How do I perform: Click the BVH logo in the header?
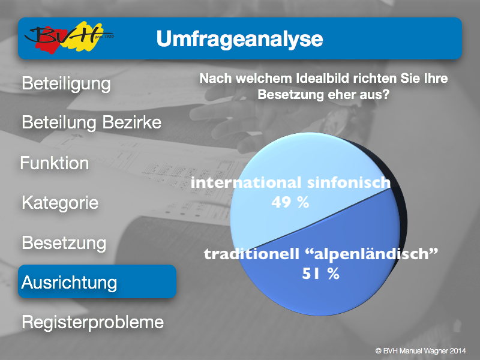(x=69, y=37)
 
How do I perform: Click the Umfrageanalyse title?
(x=239, y=39)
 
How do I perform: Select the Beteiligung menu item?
(x=66, y=84)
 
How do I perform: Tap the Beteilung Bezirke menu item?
(x=92, y=122)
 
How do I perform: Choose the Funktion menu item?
(x=55, y=163)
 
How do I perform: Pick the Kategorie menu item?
(x=60, y=203)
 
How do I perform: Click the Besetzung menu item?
(x=64, y=243)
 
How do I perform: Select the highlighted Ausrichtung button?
(x=97, y=281)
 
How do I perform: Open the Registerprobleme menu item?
(x=93, y=322)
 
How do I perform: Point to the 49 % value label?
(x=290, y=202)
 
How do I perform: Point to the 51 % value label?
(x=321, y=274)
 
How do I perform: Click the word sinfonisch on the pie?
(x=349, y=182)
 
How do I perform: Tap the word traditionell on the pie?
(x=251, y=254)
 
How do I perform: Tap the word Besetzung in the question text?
(x=290, y=94)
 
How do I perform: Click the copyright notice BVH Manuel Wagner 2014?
(x=421, y=351)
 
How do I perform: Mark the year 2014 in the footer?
(x=457, y=351)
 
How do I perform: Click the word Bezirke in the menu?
(x=131, y=122)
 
